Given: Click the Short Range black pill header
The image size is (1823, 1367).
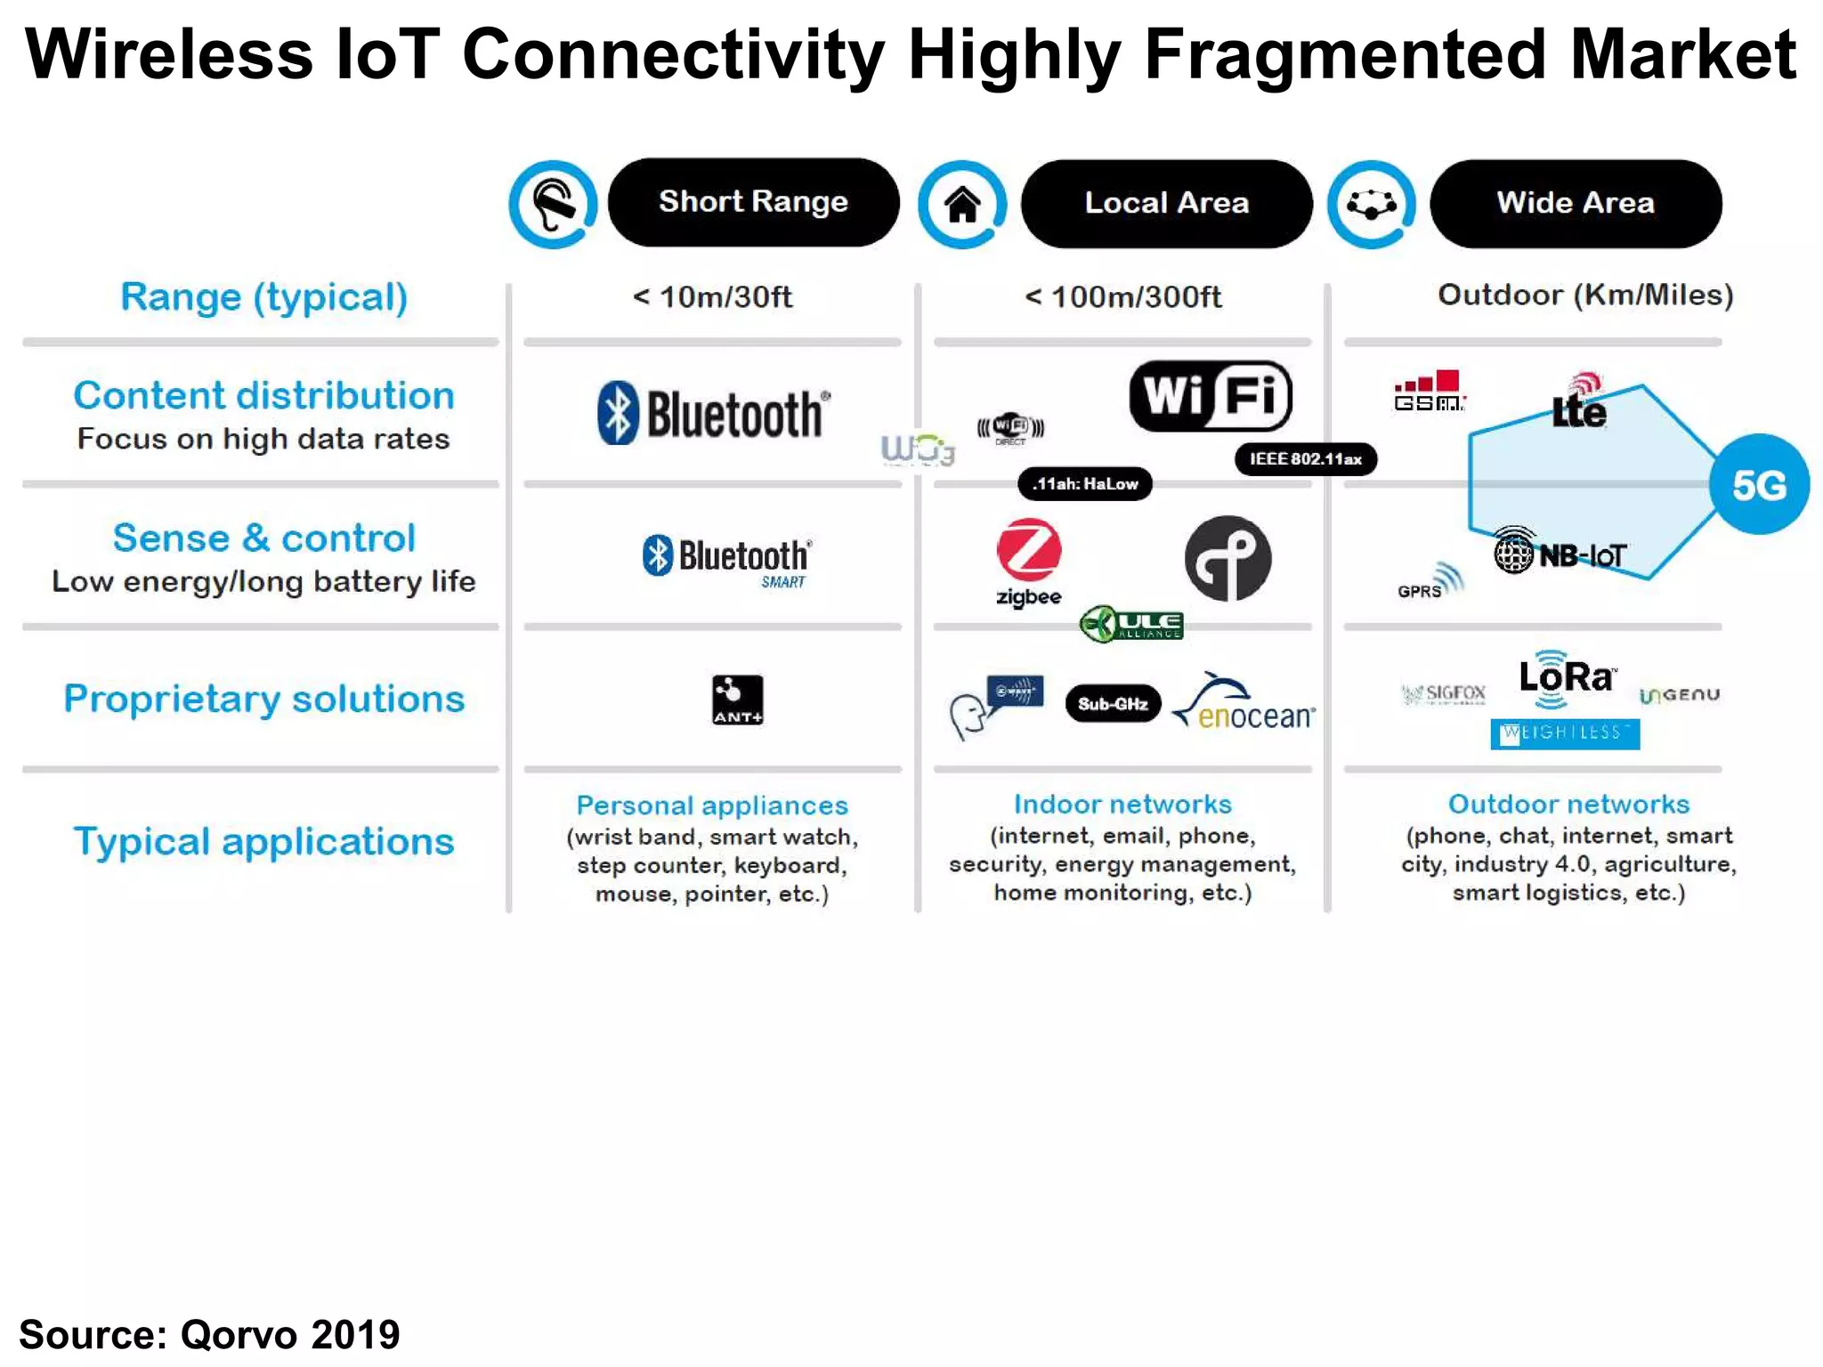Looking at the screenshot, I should pos(753,203).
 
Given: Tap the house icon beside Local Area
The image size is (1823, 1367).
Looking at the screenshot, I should pos(962,205).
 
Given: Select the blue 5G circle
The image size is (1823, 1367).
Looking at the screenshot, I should pos(1759,485).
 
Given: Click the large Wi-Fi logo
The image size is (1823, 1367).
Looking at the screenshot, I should pos(1211,395).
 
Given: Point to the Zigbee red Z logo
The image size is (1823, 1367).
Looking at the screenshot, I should pos(1029,551).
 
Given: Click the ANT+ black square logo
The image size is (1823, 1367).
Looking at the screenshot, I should pos(737,700).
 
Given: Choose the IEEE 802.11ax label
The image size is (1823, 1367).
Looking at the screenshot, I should pos(1306,459).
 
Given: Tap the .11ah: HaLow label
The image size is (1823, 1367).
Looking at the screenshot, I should pos(1085,484).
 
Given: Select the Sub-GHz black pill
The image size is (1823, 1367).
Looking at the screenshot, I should pos(1113,704).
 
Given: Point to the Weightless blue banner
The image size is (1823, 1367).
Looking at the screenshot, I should pos(1565,733).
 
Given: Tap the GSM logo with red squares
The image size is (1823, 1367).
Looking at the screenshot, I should pos(1429,392).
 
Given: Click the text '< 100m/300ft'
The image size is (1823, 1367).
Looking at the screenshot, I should pos(1123,297).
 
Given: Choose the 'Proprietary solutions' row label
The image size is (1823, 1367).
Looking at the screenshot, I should pos(264,699).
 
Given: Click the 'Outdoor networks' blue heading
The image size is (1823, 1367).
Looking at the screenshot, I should pos(1568,805).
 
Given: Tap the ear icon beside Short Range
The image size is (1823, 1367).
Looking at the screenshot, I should pos(553,205).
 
